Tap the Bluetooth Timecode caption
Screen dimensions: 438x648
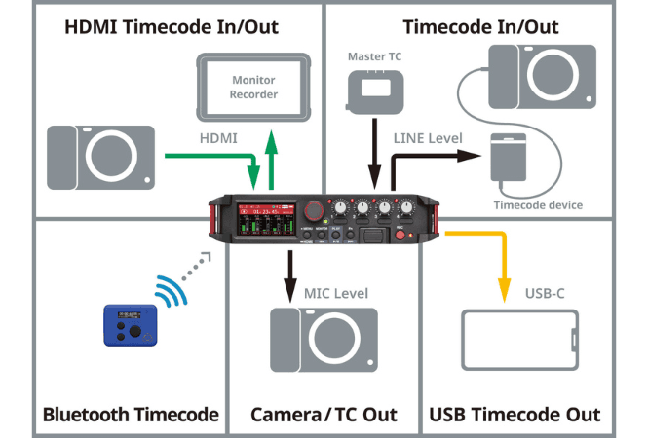click(131, 415)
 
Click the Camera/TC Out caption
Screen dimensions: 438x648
click(324, 415)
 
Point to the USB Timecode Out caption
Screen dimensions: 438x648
click(515, 415)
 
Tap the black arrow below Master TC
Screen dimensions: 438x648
click(373, 151)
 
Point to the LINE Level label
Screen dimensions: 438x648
click(428, 138)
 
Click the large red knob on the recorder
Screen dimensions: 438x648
click(314, 210)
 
